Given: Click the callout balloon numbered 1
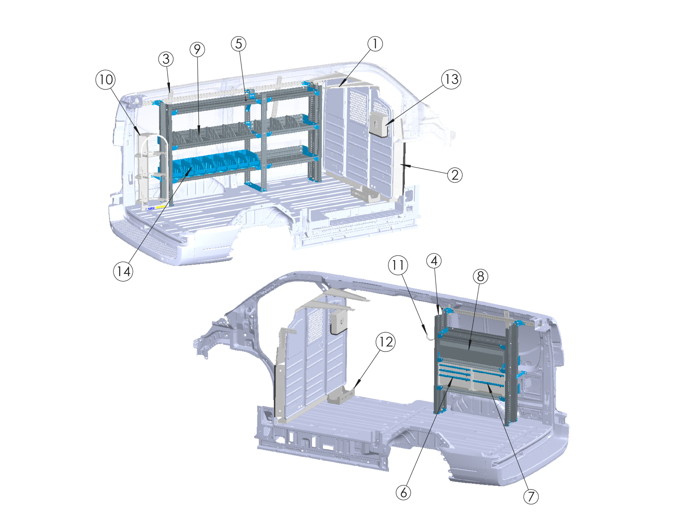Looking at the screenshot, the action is (x=375, y=44).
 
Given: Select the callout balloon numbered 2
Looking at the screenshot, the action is (x=455, y=175).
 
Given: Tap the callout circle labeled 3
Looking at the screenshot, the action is (x=166, y=59).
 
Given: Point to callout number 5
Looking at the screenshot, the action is (x=238, y=44).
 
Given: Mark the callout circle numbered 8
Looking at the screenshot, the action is (x=481, y=277).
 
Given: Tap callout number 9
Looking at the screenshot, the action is (x=197, y=49).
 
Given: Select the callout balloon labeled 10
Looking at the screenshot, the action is (x=106, y=80).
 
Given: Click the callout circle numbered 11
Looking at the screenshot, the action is (x=398, y=265).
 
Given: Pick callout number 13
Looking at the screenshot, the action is (x=451, y=79).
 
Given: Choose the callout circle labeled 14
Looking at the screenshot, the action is (x=123, y=272).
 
